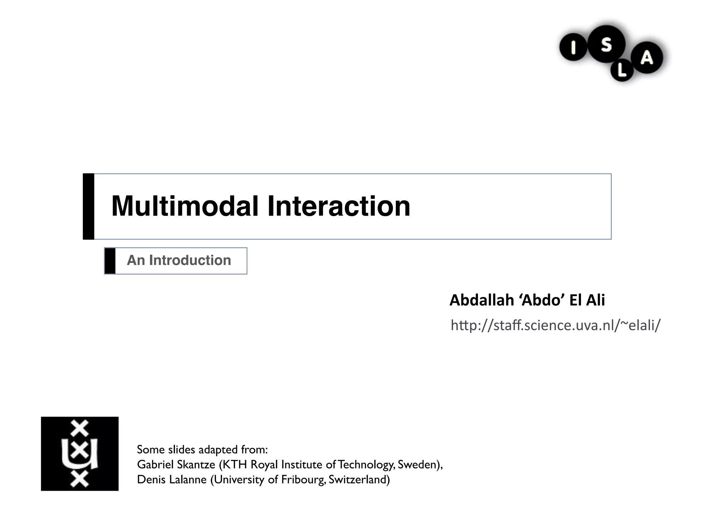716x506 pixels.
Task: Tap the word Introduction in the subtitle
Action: coord(190,260)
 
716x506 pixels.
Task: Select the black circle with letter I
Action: coord(573,47)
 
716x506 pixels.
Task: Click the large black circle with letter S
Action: coord(606,44)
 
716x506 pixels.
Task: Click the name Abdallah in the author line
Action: coord(481,300)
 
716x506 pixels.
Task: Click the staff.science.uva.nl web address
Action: coord(555,325)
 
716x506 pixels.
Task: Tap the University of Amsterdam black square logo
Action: coord(80,454)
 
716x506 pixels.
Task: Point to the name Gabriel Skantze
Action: coord(176,464)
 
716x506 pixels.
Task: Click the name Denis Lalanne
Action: coord(172,479)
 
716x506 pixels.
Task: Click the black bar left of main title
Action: coord(88,206)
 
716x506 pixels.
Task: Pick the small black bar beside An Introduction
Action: coord(110,261)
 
